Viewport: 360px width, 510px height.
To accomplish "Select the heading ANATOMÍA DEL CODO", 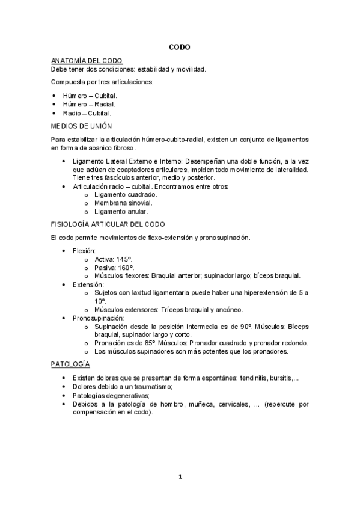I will (87, 61).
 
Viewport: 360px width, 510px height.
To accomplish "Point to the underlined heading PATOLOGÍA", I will (70, 364).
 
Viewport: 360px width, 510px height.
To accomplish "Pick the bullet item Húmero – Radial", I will (89, 104).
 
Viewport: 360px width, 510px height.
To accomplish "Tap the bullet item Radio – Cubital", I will (87, 112).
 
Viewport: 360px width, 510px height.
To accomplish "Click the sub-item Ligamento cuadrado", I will (126, 194).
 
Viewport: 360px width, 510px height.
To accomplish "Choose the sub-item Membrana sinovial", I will (123, 203).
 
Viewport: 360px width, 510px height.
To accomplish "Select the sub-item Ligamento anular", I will (121, 211).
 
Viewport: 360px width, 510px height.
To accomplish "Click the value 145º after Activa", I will (128, 259).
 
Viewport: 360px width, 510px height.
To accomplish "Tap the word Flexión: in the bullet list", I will (84, 250).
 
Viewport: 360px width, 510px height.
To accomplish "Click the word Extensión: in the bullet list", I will (88, 284).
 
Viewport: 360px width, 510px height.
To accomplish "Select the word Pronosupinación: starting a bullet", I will (98, 318).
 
